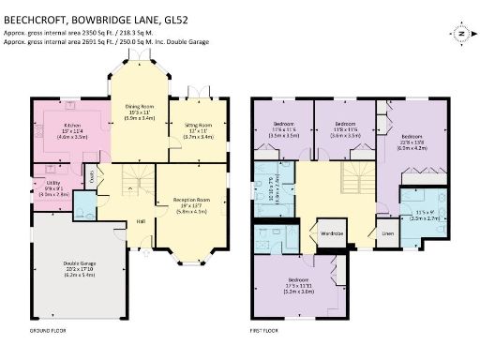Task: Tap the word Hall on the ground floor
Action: point(142,221)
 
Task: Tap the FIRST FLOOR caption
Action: point(266,331)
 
